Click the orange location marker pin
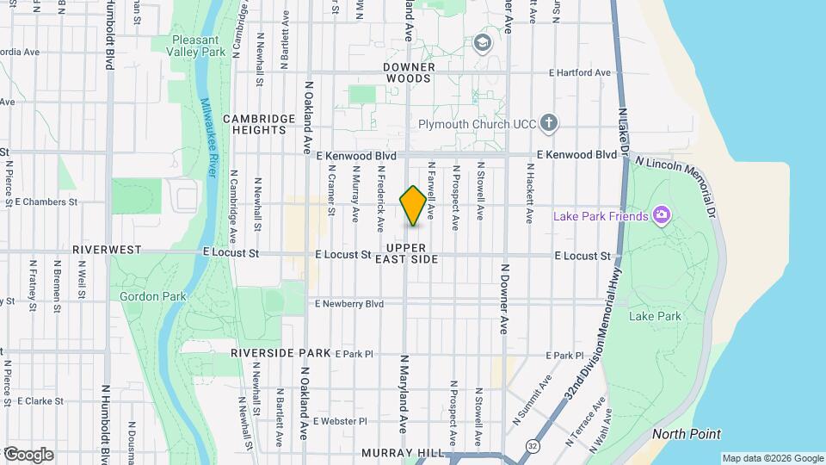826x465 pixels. click(x=413, y=206)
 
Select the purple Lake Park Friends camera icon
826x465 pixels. click(x=661, y=215)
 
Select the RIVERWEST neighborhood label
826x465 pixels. click(x=106, y=249)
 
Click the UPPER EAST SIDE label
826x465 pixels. click(x=419, y=253)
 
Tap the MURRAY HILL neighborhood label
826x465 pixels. click(x=403, y=453)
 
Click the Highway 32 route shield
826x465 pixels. click(x=533, y=446)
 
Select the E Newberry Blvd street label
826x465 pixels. click(x=349, y=304)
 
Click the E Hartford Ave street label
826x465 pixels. click(x=579, y=73)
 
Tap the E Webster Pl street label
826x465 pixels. click(x=340, y=421)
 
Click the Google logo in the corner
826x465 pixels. click(x=28, y=454)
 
